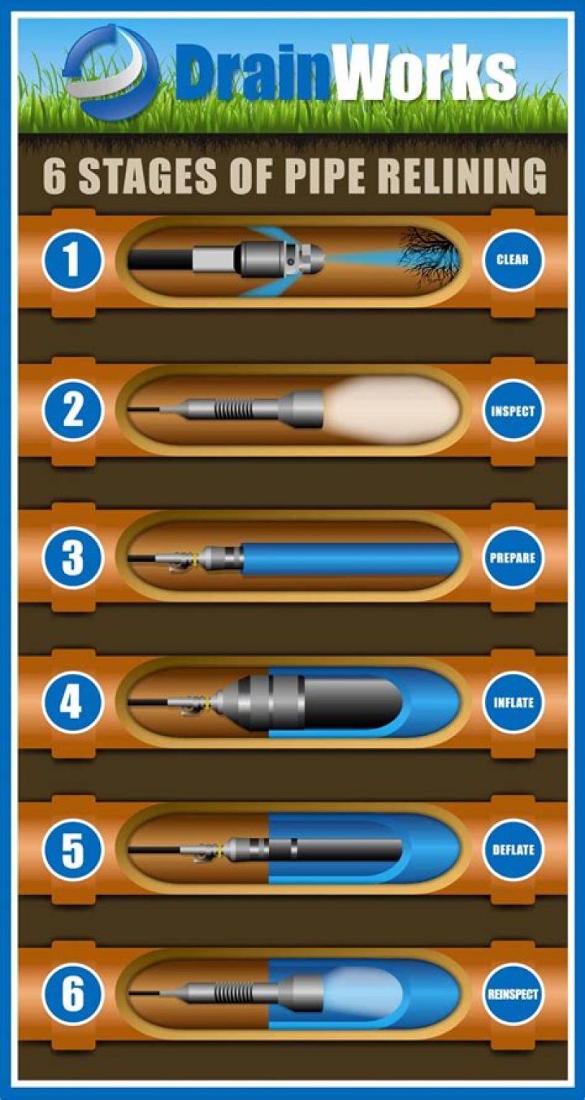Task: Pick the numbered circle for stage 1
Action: point(72,261)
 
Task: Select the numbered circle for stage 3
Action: point(72,559)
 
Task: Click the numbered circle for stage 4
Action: point(72,702)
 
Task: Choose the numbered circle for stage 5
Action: point(72,850)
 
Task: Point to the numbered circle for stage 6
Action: point(72,993)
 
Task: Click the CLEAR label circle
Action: point(513,261)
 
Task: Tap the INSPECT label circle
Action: point(513,411)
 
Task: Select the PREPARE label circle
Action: point(513,559)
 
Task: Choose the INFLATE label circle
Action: point(513,702)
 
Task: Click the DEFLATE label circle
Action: point(513,850)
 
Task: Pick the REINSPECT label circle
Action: point(513,993)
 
